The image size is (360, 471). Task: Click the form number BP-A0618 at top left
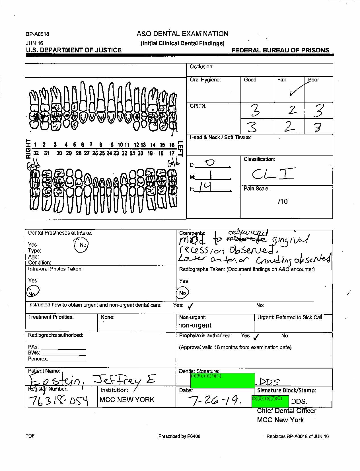pyautogui.click(x=38, y=34)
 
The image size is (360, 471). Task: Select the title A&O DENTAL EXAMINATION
pyautogui.click(x=182, y=34)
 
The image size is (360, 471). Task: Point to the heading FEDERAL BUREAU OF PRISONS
pyautogui.click(x=280, y=50)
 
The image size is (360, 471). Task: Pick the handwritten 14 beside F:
pyautogui.click(x=205, y=187)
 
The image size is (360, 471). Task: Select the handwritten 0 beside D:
pyautogui.click(x=210, y=163)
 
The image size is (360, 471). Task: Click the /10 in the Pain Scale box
pyautogui.click(x=283, y=202)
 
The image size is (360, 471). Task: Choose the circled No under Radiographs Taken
pyautogui.click(x=182, y=293)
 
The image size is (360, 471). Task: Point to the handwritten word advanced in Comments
pyautogui.click(x=248, y=233)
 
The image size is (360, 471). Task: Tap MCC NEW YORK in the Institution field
pyautogui.click(x=127, y=400)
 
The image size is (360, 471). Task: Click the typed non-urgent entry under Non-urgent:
pyautogui.click(x=195, y=325)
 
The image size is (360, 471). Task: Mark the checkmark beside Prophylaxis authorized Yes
pyautogui.click(x=256, y=337)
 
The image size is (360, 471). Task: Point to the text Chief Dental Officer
pyautogui.click(x=286, y=411)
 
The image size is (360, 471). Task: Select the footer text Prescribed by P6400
pyautogui.click(x=179, y=436)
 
